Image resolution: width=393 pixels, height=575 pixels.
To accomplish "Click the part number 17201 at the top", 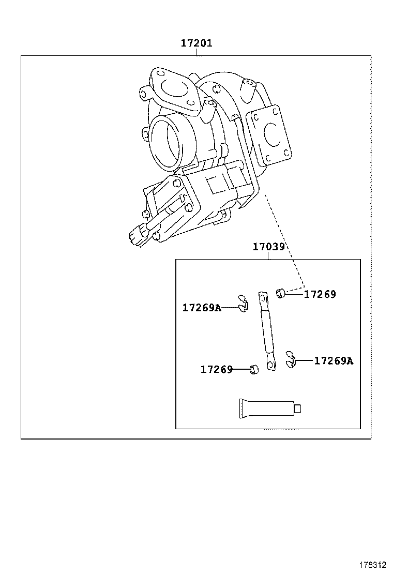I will pyautogui.click(x=196, y=43).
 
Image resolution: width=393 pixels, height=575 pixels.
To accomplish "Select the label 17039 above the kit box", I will pyautogui.click(x=268, y=247).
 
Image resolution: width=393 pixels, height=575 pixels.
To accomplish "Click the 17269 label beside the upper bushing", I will pyautogui.click(x=320, y=294).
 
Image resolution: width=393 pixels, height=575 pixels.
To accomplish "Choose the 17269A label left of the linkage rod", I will pyautogui.click(x=202, y=308).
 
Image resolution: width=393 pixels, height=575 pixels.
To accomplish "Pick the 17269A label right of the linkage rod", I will pyautogui.click(x=334, y=360).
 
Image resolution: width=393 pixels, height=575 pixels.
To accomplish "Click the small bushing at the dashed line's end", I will pyautogui.click(x=281, y=294).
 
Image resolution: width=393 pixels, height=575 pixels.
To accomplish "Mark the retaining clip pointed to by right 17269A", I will pyautogui.click(x=291, y=360).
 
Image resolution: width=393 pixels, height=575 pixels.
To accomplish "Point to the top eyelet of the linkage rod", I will pyautogui.click(x=263, y=298).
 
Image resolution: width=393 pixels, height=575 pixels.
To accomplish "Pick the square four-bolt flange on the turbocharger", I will pyautogui.click(x=270, y=133).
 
